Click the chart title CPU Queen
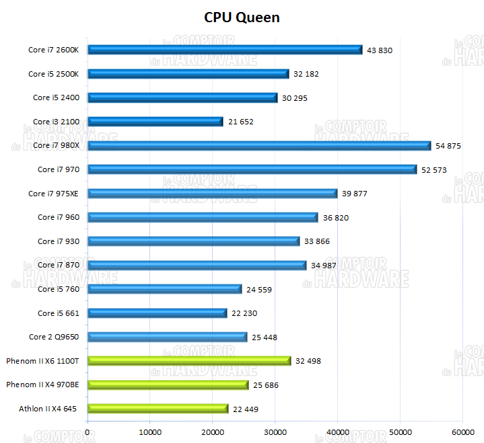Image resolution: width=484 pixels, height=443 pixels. point(242,17)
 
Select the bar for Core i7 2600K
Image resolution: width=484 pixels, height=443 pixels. point(225,50)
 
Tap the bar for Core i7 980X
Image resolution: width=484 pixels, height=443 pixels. point(259,145)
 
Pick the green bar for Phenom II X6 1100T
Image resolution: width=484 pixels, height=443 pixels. point(189,361)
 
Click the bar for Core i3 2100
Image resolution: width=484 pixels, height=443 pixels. point(155,122)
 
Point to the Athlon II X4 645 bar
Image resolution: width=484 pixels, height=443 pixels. point(158,409)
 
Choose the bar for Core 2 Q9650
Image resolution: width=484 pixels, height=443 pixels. point(168,337)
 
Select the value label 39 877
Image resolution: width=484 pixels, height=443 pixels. point(355,194)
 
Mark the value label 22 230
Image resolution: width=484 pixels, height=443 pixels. point(243,313)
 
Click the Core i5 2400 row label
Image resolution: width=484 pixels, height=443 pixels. point(56,97)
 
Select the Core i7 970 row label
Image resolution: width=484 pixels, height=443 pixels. point(58,169)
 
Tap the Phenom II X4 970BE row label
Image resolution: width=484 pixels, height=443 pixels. point(42,385)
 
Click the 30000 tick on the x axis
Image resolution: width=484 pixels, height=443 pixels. point(275,432)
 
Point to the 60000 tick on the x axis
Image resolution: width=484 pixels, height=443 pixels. point(462,432)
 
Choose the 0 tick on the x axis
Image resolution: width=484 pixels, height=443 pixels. point(88,432)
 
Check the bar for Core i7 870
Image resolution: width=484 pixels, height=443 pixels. point(197,265)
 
